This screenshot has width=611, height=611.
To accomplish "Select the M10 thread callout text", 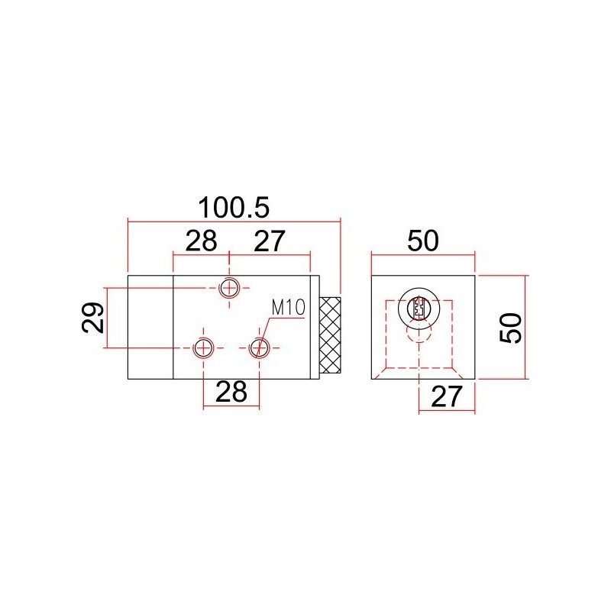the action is [289, 308].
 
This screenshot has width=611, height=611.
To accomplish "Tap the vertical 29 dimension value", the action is [93, 318].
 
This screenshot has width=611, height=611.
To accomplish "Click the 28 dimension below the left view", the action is [231, 392].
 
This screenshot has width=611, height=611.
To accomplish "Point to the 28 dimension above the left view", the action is [201, 241].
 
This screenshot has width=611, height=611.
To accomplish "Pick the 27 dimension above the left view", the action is [270, 241].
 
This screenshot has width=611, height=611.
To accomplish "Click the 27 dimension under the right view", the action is [447, 396].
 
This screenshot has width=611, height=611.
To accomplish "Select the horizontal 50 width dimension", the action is [423, 241].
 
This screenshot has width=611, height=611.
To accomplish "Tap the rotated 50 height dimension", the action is [511, 328].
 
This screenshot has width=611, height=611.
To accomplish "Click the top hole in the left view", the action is [229, 289].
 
